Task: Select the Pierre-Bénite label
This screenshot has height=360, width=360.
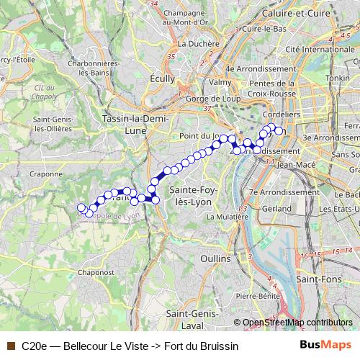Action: pyautogui.click(x=257, y=295)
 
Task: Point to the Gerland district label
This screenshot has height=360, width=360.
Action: pyautogui.click(x=262, y=208)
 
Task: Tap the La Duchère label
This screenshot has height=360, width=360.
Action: pyautogui.click(x=197, y=43)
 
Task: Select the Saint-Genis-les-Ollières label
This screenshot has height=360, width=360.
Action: pyautogui.click(x=50, y=124)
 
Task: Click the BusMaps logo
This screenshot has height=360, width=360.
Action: pyautogui.click(x=327, y=346)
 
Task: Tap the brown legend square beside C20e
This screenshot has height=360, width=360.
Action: pyautogui.click(x=10, y=346)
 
